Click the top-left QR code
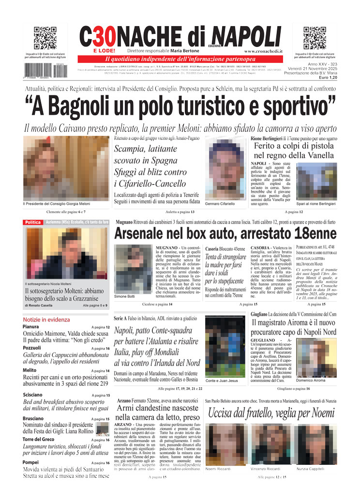(x=45, y=38)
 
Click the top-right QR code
(x=315, y=38)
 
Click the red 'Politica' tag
(x=33, y=222)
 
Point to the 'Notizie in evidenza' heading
(x=46, y=320)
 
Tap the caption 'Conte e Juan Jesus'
(x=221, y=381)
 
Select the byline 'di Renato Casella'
(x=40, y=305)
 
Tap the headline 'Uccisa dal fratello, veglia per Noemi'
(x=271, y=413)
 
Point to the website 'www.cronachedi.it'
(x=264, y=51)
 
